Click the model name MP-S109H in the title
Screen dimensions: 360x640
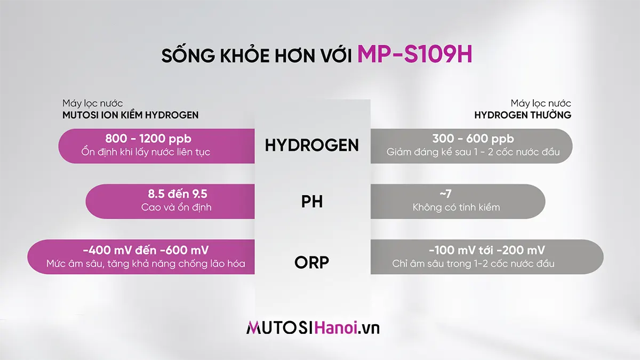(415, 54)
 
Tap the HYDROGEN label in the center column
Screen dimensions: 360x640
(312, 145)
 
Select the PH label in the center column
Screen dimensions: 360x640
(312, 203)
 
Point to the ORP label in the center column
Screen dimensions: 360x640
(312, 262)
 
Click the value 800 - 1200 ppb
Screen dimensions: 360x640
(148, 139)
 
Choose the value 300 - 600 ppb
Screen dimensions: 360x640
(473, 139)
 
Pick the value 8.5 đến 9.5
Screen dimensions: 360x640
(177, 194)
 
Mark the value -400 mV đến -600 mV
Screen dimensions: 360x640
(146, 250)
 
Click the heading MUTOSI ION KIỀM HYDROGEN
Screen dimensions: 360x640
(131, 115)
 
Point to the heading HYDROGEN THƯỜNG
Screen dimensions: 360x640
(523, 115)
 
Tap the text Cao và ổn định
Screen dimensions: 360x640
(177, 207)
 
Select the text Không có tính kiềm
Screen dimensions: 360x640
(457, 207)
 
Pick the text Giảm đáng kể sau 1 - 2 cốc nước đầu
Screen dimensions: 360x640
(473, 153)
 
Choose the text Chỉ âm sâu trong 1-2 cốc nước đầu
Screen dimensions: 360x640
(473, 263)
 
